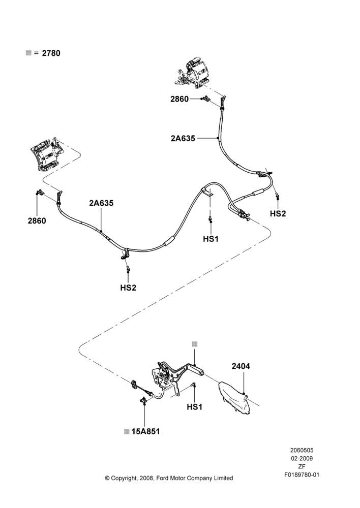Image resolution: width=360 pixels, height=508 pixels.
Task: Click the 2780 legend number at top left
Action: (x=51, y=53)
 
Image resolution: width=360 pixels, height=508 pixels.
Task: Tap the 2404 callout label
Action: (x=241, y=366)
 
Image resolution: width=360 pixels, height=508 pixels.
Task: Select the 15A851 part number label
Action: (x=145, y=431)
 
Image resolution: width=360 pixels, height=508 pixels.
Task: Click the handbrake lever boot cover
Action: (x=234, y=398)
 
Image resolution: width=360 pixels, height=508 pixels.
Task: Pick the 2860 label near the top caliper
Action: (x=179, y=99)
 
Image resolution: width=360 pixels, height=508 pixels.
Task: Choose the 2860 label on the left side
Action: (x=37, y=221)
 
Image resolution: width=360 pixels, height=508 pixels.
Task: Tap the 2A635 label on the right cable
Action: (x=183, y=138)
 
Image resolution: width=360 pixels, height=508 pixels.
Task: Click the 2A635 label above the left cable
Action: (x=101, y=203)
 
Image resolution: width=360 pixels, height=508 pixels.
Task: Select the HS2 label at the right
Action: (x=278, y=213)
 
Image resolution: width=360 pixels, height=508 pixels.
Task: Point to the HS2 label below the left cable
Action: (x=128, y=288)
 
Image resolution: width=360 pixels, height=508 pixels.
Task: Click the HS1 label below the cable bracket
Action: (x=211, y=239)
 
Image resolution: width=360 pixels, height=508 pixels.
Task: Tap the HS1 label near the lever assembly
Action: (x=195, y=407)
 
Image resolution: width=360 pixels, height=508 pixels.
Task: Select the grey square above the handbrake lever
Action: (x=195, y=344)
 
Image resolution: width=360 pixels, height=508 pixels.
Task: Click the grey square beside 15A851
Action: (x=127, y=431)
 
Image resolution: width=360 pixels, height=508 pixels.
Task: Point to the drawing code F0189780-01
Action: (x=302, y=475)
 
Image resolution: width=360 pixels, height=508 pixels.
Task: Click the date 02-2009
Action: (x=302, y=458)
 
